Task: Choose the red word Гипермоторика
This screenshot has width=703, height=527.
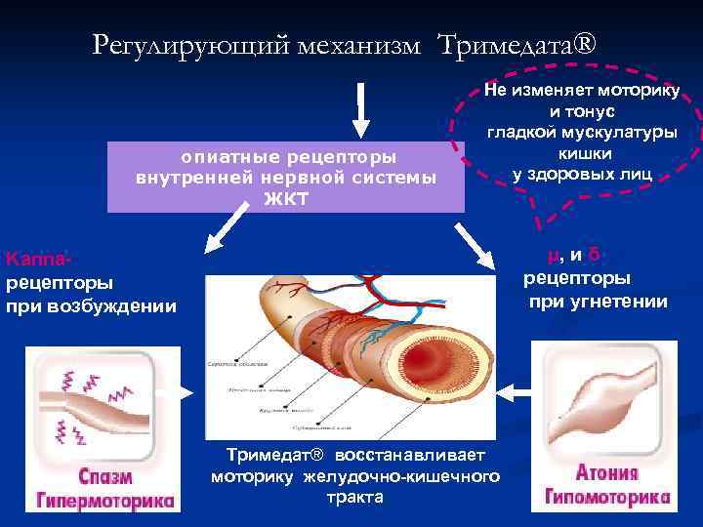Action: coord(106,501)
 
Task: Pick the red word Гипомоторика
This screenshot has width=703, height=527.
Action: coord(608,497)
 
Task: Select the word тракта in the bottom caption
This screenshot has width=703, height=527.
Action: coord(355,497)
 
